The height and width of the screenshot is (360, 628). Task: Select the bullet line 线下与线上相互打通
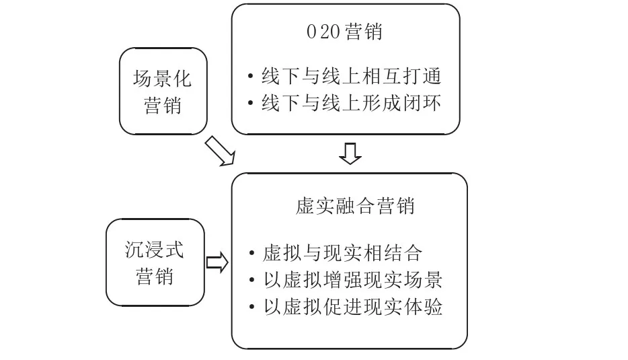point(351,77)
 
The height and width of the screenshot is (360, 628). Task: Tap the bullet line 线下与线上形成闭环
point(351,104)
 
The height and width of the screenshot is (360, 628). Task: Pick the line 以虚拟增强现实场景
point(352,280)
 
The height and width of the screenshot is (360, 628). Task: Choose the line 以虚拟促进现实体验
point(352,307)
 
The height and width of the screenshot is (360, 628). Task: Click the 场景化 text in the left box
point(162,79)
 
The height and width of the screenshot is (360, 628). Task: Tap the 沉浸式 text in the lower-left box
point(154,250)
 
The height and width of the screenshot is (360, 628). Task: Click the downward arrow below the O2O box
point(350,154)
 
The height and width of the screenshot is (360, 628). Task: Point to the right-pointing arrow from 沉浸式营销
point(217,262)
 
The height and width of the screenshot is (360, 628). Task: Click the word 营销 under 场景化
point(162,106)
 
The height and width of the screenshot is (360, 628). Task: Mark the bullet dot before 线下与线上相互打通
point(250,77)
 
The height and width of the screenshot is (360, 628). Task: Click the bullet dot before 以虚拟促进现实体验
point(250,308)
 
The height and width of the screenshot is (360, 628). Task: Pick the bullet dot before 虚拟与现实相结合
point(250,254)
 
